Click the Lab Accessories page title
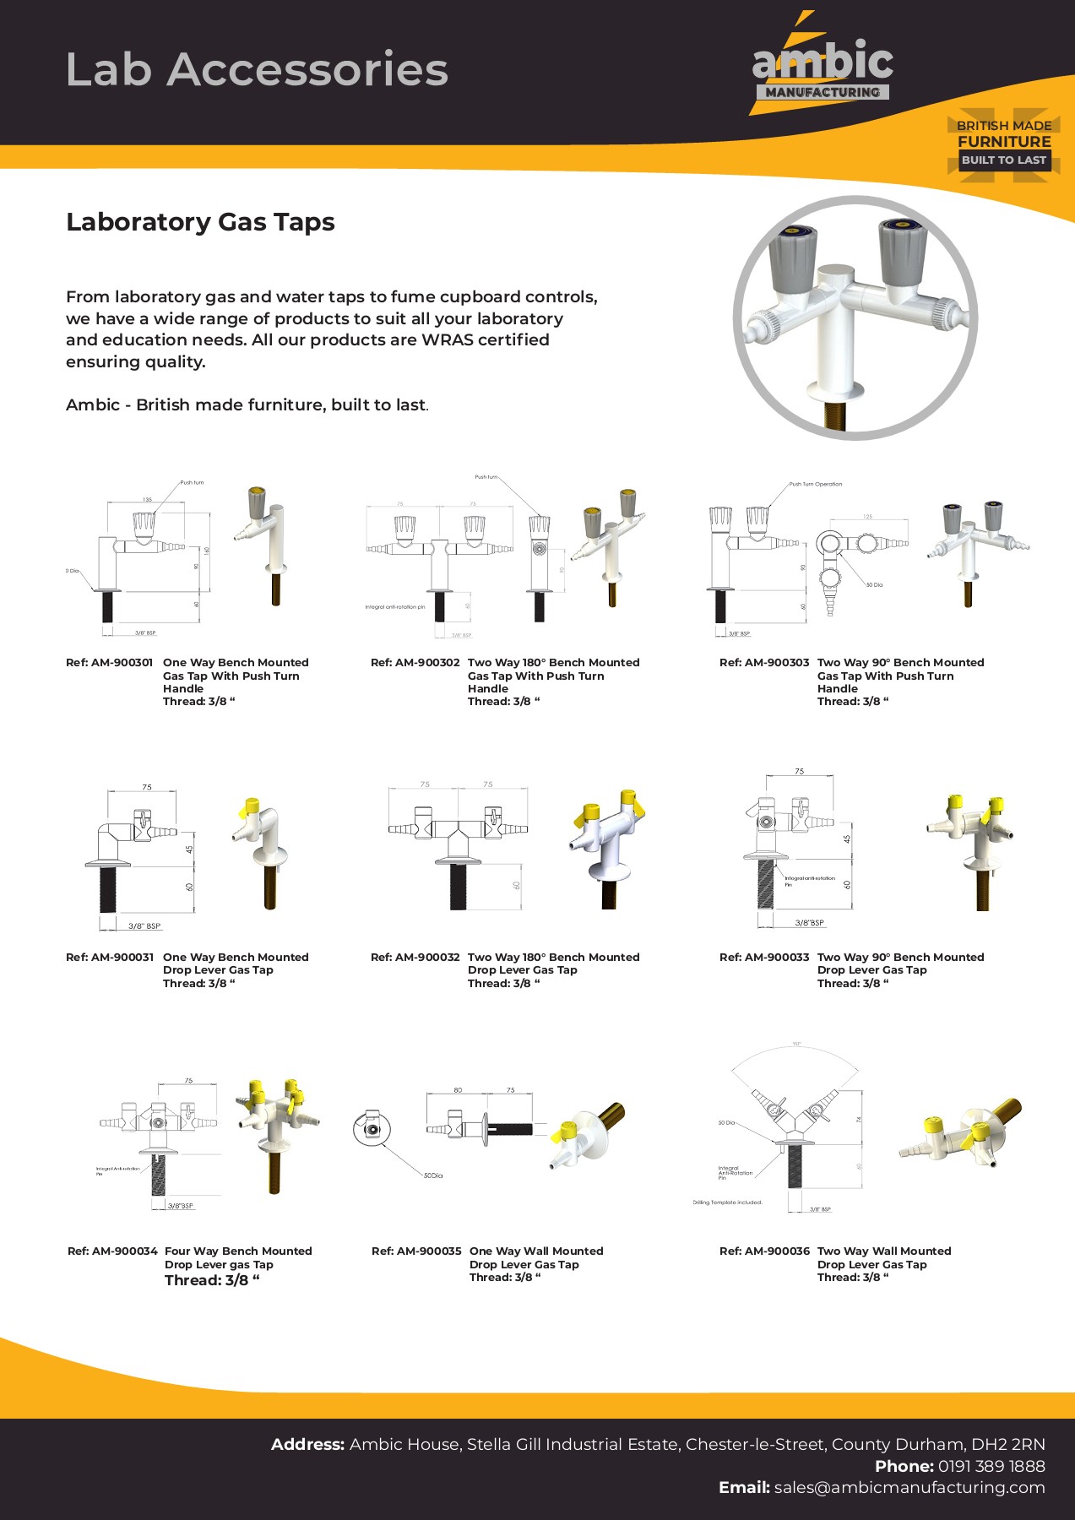(x=257, y=69)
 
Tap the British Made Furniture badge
(x=1003, y=143)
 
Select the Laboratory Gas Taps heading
(x=200, y=222)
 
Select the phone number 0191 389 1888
(x=991, y=1466)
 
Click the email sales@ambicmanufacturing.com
(x=909, y=1488)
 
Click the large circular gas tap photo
(x=855, y=318)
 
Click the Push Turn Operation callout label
(x=815, y=485)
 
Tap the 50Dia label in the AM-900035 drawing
(x=432, y=1175)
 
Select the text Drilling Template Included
(x=727, y=1202)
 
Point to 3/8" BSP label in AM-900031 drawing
(x=144, y=926)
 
